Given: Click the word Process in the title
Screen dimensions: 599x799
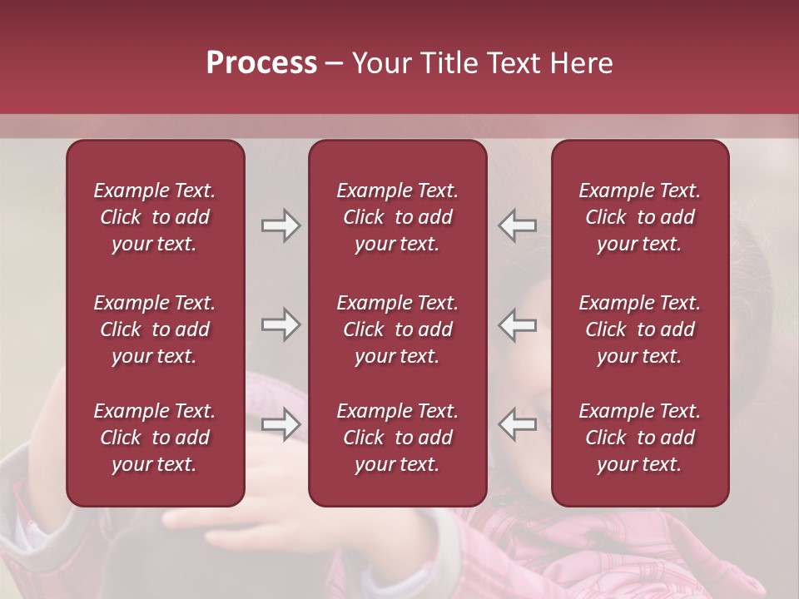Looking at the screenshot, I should pos(261,63).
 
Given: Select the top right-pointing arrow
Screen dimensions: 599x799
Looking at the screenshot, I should pos(280,225).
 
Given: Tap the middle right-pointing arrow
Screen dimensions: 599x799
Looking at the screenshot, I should pos(280,324).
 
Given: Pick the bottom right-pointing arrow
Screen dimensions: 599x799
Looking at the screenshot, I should pos(280,424).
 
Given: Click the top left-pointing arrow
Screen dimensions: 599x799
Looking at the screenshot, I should pos(517,225).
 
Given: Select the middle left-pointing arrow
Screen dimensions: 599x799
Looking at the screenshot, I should pos(517,324).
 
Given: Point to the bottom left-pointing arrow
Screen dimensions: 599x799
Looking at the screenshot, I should pos(517,424).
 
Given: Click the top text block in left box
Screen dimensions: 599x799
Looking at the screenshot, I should pos(155,217).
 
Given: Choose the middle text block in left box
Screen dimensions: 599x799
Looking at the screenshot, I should pos(155,329).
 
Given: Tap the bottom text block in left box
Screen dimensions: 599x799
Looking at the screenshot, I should pos(155,438).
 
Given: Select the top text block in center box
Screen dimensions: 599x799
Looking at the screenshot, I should pos(398,217).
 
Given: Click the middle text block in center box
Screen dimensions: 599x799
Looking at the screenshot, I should pos(398,329).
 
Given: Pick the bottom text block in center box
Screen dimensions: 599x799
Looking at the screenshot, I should pos(398,438).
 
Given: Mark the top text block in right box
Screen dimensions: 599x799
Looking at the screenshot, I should pos(640,217).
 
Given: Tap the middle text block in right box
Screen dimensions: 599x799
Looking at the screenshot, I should pos(640,329).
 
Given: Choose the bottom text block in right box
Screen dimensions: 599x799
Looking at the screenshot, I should pos(640,438).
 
